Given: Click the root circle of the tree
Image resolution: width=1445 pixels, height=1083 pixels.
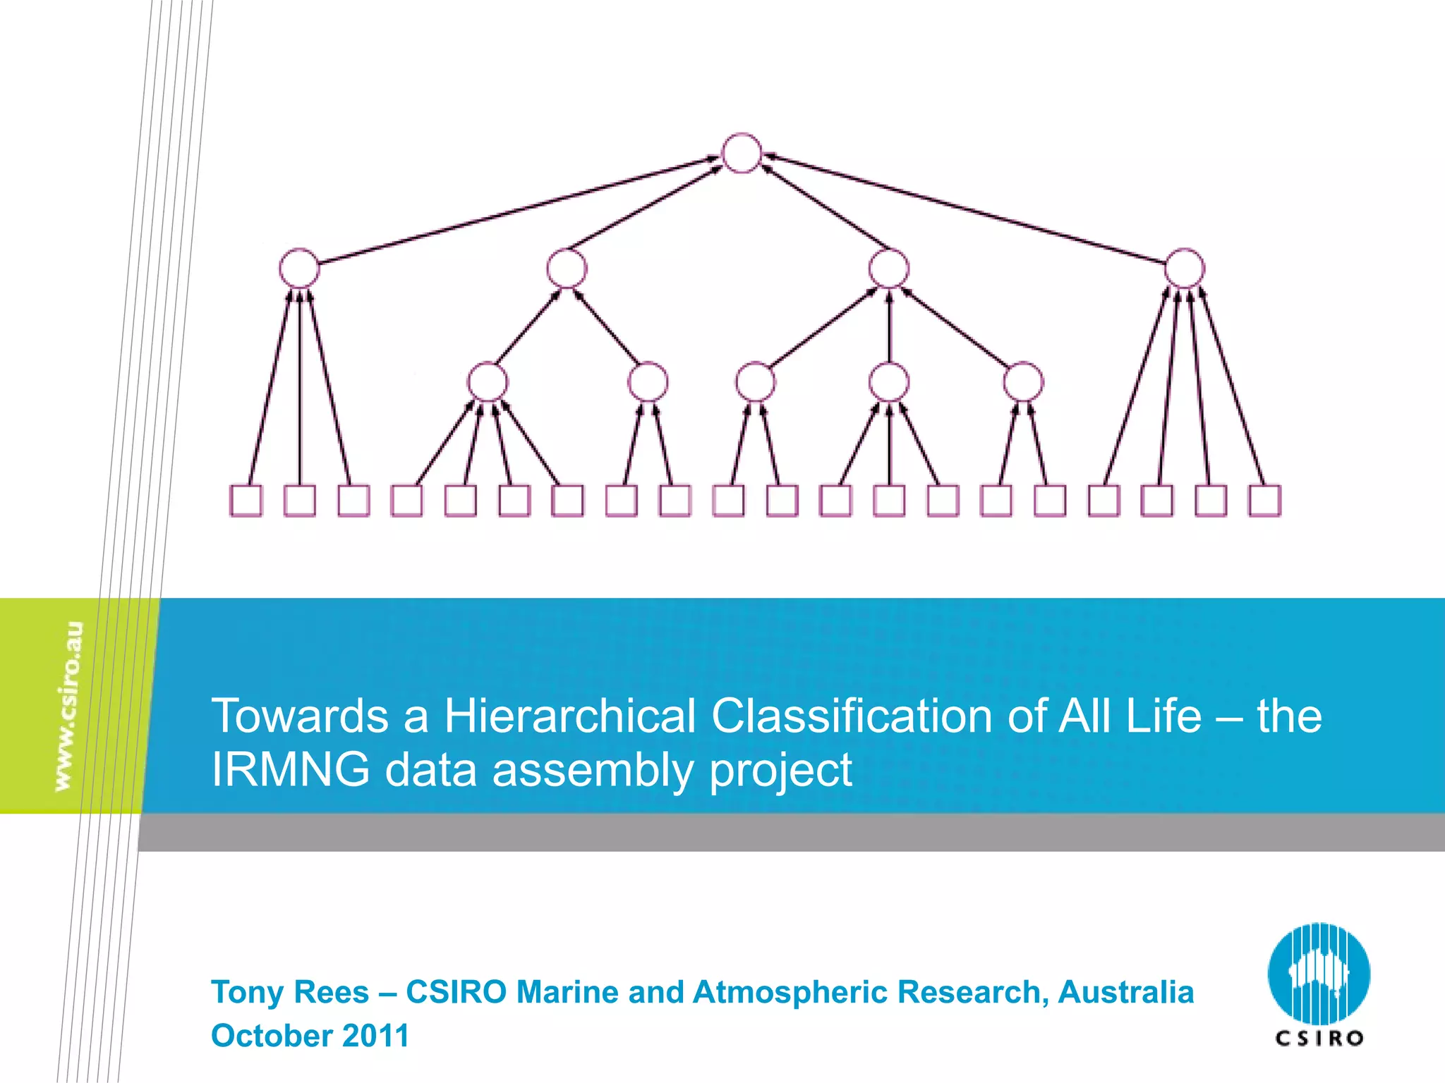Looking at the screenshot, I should coord(742,153).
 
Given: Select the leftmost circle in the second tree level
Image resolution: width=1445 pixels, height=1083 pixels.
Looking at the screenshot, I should coord(299,268).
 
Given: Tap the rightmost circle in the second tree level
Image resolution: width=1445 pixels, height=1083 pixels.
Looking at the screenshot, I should coord(1184,268).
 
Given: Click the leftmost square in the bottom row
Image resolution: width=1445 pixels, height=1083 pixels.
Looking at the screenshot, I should coord(246,501).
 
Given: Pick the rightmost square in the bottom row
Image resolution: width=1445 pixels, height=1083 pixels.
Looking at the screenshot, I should coord(1264,501).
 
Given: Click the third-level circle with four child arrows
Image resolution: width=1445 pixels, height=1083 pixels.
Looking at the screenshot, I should coord(487,382).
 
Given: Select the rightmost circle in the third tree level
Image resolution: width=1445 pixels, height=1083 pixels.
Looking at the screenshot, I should coord(1022,382).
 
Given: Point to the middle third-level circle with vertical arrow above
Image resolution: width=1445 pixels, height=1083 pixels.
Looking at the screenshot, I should coord(889,382).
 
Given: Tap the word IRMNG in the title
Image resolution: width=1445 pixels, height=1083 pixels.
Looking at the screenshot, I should coord(291,769).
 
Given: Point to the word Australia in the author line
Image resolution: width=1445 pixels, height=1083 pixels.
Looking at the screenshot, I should coord(1125,992).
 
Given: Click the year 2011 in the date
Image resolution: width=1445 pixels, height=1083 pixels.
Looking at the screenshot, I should coord(375,1036).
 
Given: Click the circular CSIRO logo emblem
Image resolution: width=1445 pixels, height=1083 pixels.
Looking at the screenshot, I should coord(1319,974).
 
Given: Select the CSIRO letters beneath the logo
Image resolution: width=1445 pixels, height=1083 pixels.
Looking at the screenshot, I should coord(1319,1038).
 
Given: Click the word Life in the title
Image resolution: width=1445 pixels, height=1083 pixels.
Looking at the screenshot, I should coord(1163,716).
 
